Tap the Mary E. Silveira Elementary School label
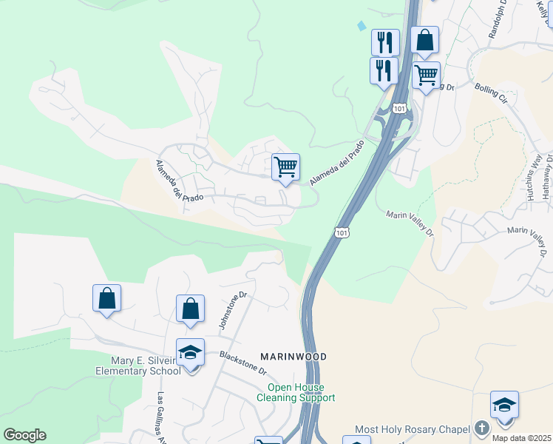tap(138, 366)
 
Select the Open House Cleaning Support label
tap(296, 392)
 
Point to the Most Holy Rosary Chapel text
tap(413, 429)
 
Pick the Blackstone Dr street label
tap(242, 361)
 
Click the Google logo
tap(24, 435)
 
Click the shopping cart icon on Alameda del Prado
tap(285, 166)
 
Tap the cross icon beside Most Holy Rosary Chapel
tap(481, 428)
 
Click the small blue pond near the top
tap(361, 26)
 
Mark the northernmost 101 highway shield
tap(399, 109)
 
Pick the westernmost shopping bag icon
tap(107, 298)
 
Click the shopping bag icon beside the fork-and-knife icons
tap(425, 40)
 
